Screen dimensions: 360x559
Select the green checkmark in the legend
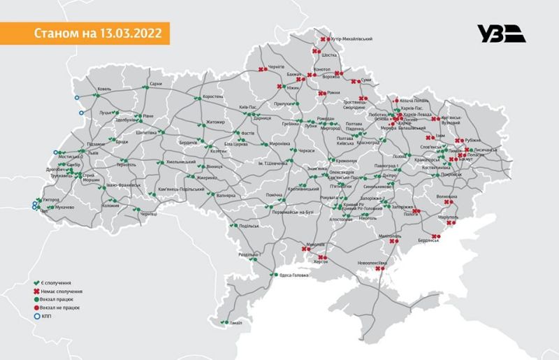pyautogui.click(x=34, y=283)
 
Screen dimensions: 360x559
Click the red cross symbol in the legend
pyautogui.click(x=34, y=291)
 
